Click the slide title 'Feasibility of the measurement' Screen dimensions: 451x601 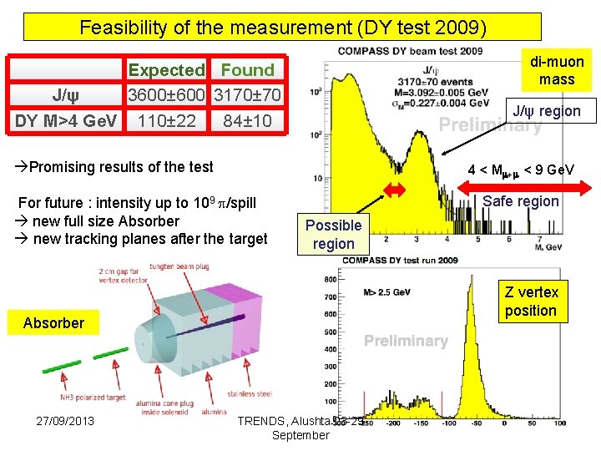[282, 27]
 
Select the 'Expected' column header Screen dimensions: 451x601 [166, 71]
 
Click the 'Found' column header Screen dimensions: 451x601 [247, 71]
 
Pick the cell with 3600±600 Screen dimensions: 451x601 [167, 95]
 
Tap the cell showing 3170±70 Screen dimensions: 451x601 [247, 95]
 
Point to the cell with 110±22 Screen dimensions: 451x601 [167, 120]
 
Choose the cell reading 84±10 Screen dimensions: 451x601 [247, 120]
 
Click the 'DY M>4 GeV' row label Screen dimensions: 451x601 [66, 120]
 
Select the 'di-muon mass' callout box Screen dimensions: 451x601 [557, 70]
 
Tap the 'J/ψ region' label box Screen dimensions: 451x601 [546, 111]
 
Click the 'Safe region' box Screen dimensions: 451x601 [521, 201]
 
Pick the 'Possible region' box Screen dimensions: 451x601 [333, 235]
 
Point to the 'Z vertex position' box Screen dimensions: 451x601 [530, 301]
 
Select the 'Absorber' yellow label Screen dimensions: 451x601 [53, 323]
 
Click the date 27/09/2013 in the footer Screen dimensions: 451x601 [64, 420]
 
